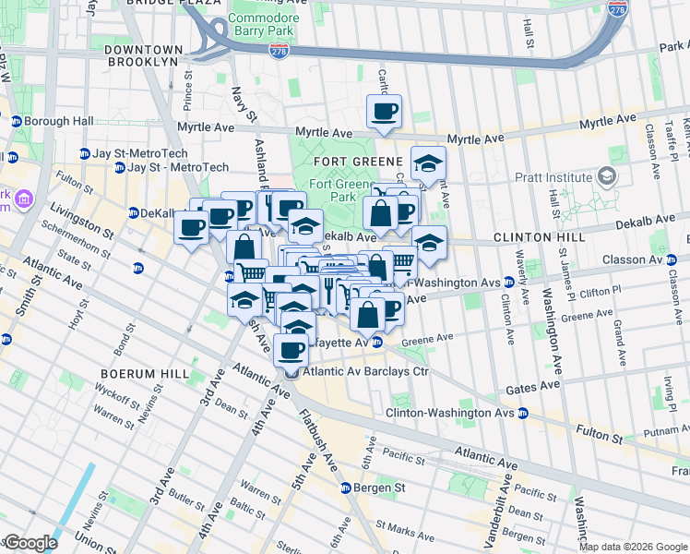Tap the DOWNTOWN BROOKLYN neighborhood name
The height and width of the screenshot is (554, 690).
(140, 54)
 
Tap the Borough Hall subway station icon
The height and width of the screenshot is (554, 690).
(16, 121)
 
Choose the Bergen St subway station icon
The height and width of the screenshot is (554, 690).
(346, 488)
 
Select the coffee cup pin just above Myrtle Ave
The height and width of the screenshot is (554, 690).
(384, 113)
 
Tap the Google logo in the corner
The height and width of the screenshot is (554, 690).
(30, 543)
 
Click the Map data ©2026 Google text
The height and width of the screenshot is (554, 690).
(633, 547)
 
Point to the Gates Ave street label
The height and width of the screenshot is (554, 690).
(531, 384)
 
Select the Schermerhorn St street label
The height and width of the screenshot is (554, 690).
(74, 235)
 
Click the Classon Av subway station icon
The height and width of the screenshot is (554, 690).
(670, 259)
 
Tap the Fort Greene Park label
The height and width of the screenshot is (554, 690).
(332, 190)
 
